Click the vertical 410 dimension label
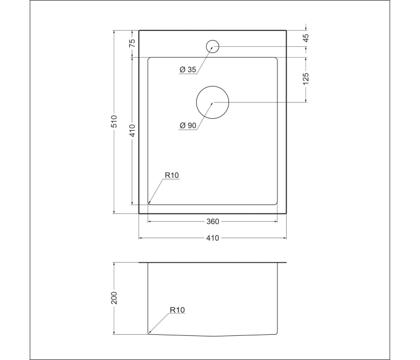[x=132, y=131]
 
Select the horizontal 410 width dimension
[x=213, y=238]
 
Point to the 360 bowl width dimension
[x=213, y=222]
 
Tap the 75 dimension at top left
[x=132, y=43]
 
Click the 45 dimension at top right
[x=306, y=38]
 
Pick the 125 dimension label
[x=306, y=78]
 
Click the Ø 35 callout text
[x=188, y=70]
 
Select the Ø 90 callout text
[x=188, y=125]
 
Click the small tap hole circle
[x=213, y=46]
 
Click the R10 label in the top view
[x=171, y=175]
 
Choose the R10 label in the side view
[x=177, y=310]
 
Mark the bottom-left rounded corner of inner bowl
[x=150, y=203]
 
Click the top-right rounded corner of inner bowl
[x=276, y=59]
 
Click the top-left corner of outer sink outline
[x=139, y=30]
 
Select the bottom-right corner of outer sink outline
[x=286, y=213]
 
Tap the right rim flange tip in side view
[x=286, y=263]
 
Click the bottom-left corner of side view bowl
[x=149, y=333]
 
